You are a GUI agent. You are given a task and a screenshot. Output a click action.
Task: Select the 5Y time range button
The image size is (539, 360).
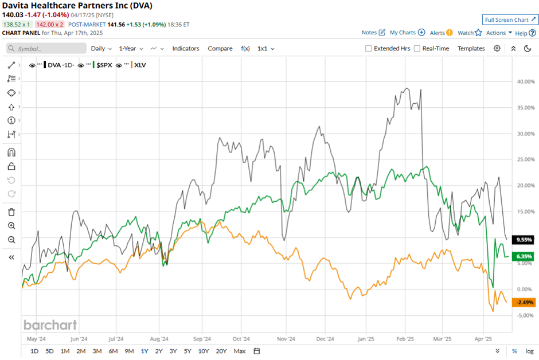coord(188,351)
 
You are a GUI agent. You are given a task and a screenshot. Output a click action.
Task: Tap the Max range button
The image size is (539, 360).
coord(240,351)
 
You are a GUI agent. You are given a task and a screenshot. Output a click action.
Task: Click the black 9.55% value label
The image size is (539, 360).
coord(524,239)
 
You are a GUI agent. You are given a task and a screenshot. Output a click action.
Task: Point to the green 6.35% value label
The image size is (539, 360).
coord(524,256)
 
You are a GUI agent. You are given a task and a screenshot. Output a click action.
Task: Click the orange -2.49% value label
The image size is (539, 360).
coord(524,302)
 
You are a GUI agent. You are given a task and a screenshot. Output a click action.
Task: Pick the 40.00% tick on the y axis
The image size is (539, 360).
coord(526,81)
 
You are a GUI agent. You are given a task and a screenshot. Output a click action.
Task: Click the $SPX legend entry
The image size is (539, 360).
coord(104,65)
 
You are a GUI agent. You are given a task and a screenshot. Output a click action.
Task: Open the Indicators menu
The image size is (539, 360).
coord(186,49)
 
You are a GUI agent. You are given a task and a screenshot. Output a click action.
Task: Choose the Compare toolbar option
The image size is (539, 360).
coord(220,49)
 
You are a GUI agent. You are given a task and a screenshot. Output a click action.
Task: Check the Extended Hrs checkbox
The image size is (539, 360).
coord(369,49)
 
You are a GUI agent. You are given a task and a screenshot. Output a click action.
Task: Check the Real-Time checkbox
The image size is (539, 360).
coord(417,49)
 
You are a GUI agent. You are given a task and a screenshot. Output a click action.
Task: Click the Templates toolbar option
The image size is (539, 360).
coord(471,49)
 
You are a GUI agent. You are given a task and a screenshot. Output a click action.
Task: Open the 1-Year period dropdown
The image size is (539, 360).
coord(131,49)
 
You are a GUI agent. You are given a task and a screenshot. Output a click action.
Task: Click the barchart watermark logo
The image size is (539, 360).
coord(50,325)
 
